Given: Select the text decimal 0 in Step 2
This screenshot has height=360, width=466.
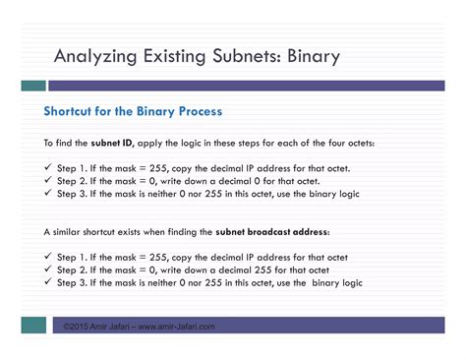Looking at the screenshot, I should click(x=231, y=181).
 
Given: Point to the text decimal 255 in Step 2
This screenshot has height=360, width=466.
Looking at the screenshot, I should click(x=235, y=270).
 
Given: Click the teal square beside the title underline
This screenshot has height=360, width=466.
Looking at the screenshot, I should click(x=35, y=86).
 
